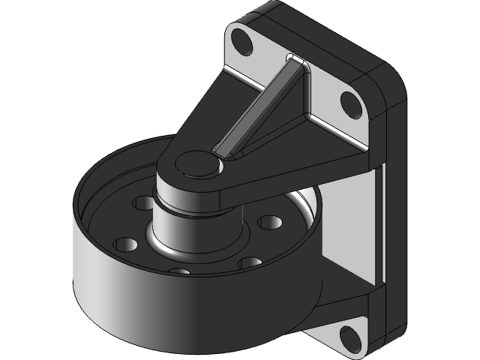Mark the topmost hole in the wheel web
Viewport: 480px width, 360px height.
point(142,202)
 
